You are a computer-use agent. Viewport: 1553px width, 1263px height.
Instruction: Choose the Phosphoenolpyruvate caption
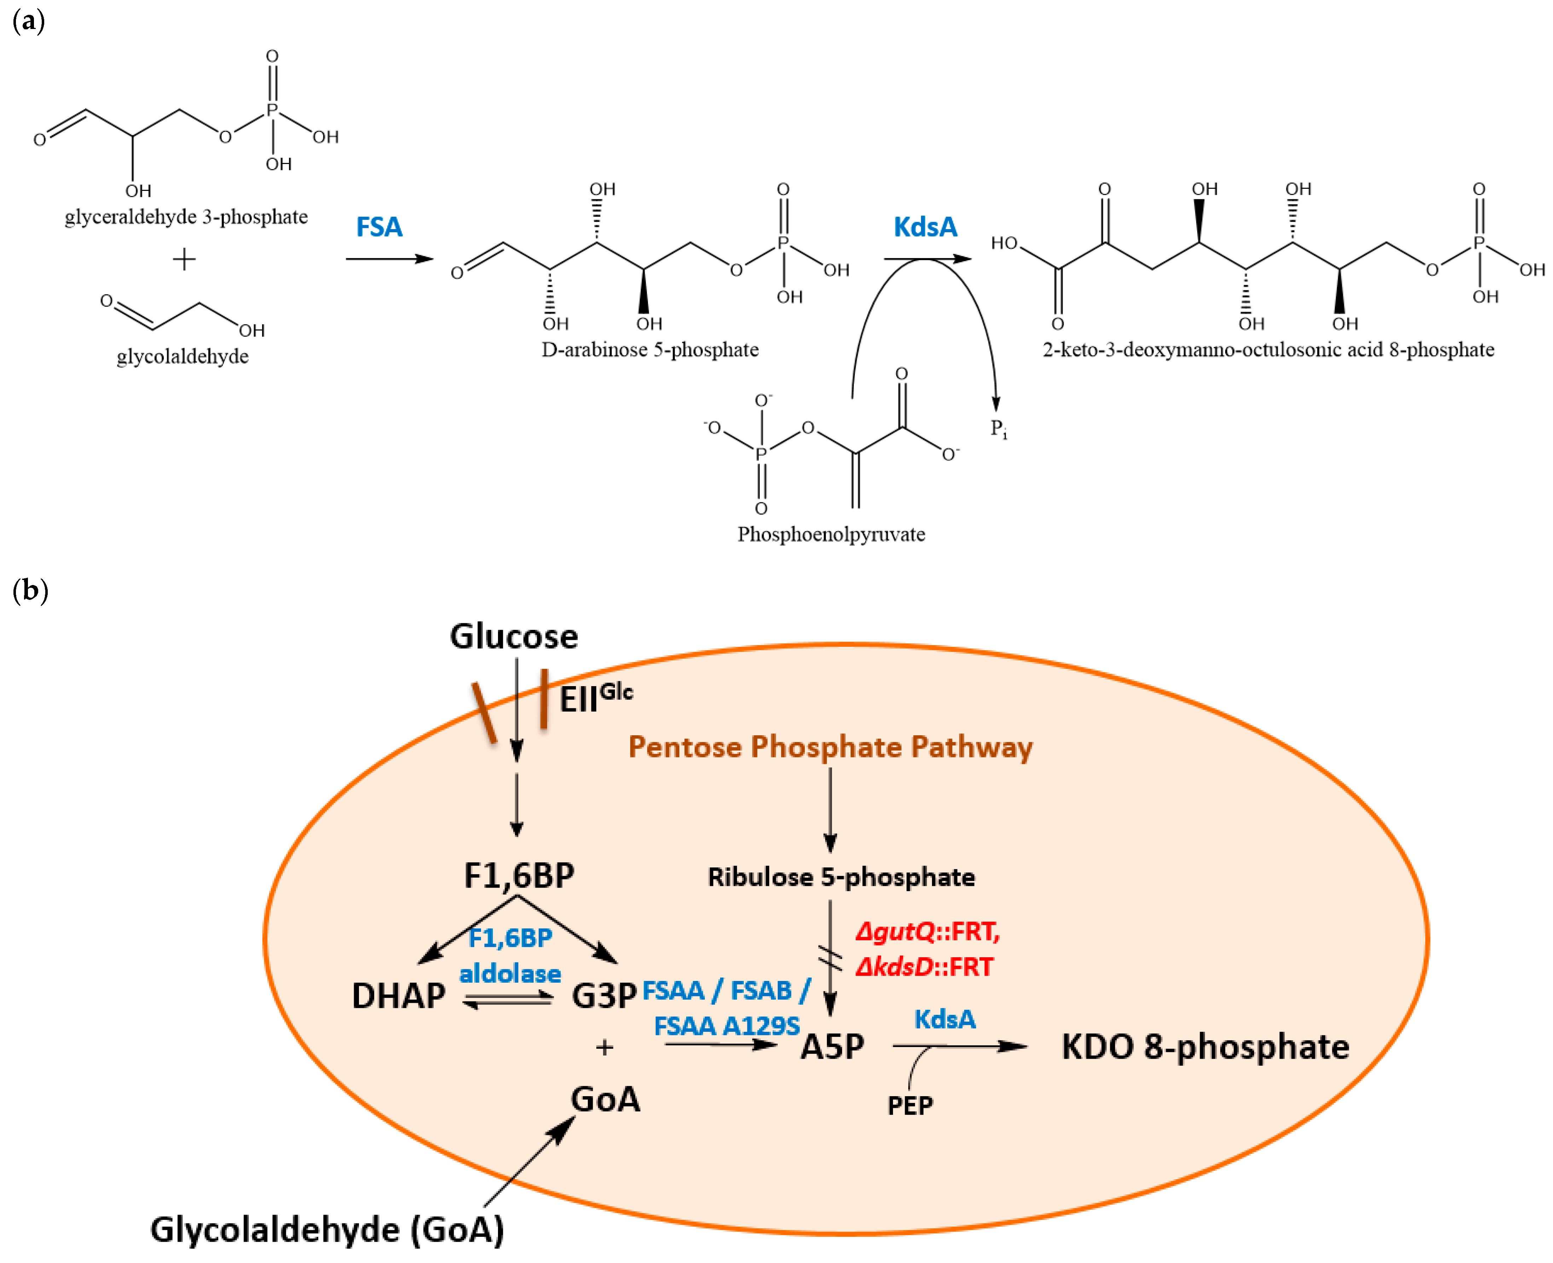click(831, 535)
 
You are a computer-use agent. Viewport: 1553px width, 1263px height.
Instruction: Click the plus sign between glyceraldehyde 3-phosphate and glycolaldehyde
click(184, 259)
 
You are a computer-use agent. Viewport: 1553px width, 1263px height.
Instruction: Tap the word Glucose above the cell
click(514, 637)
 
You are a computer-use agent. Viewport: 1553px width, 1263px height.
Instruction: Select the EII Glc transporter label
click(595, 698)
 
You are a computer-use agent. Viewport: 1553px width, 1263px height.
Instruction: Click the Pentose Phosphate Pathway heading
click(830, 747)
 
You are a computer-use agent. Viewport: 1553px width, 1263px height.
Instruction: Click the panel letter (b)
click(30, 590)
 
